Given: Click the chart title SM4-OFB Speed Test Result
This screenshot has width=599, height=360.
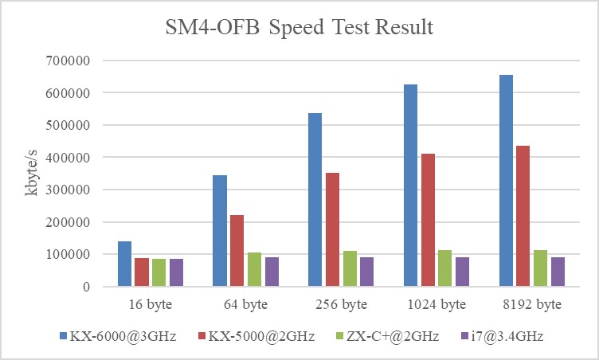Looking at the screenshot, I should click(x=299, y=28).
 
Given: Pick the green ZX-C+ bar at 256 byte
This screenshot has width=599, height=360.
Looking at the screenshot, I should click(x=350, y=268).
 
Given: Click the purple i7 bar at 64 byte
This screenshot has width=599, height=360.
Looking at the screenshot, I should click(x=272, y=272).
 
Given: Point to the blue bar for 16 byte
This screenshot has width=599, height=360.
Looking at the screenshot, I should click(x=124, y=264).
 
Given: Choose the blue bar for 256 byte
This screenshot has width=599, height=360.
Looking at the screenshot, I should click(x=315, y=199).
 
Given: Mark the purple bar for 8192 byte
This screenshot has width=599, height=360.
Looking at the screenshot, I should click(x=558, y=272).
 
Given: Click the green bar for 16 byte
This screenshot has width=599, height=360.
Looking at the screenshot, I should click(x=159, y=272).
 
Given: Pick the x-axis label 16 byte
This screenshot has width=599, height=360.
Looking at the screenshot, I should click(x=150, y=304).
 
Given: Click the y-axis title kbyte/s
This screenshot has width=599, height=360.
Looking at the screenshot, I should click(x=33, y=174).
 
